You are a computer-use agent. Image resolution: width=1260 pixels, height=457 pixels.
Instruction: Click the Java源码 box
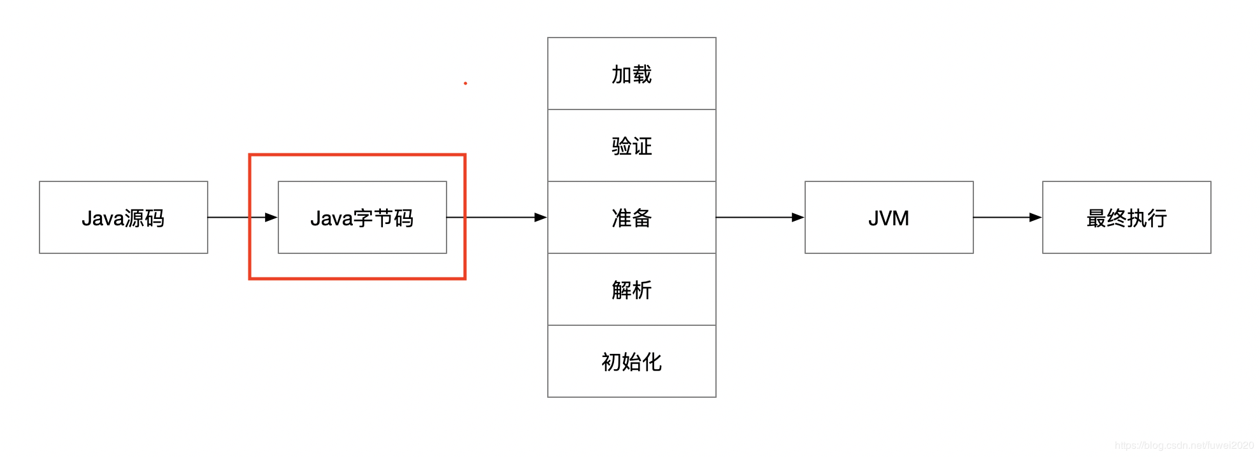[123, 217]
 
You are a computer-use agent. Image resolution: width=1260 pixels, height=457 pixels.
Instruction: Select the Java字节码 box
[362, 217]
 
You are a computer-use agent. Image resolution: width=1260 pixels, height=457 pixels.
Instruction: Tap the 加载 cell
[631, 74]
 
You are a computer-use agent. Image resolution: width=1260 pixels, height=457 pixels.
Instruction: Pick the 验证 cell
[631, 146]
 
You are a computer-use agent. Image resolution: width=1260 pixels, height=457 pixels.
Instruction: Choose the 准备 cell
[631, 217]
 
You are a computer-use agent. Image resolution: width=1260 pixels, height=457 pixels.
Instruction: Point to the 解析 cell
[631, 290]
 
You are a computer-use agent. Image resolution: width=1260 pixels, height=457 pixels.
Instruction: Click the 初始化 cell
[631, 362]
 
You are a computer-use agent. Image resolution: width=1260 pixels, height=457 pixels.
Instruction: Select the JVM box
[889, 217]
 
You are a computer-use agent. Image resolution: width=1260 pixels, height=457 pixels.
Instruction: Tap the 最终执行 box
[1126, 217]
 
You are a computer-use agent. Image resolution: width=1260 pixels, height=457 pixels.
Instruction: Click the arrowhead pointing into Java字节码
[271, 217]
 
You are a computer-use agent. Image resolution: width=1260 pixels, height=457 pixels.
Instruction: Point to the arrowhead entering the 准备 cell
[541, 217]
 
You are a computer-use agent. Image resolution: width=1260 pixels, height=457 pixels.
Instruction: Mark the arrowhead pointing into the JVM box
[798, 217]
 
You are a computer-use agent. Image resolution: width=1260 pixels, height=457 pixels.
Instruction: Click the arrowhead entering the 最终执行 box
[1036, 217]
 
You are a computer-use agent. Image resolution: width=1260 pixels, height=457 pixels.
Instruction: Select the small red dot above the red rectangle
[466, 83]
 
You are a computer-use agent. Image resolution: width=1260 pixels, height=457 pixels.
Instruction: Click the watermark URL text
[1184, 446]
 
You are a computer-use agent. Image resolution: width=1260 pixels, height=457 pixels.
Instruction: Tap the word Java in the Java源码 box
[103, 218]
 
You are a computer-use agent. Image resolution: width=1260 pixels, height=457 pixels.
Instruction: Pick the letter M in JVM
[901, 218]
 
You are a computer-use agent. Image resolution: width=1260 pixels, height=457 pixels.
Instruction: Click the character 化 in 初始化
[652, 362]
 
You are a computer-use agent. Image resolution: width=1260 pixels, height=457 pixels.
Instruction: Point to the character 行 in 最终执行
[1157, 218]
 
